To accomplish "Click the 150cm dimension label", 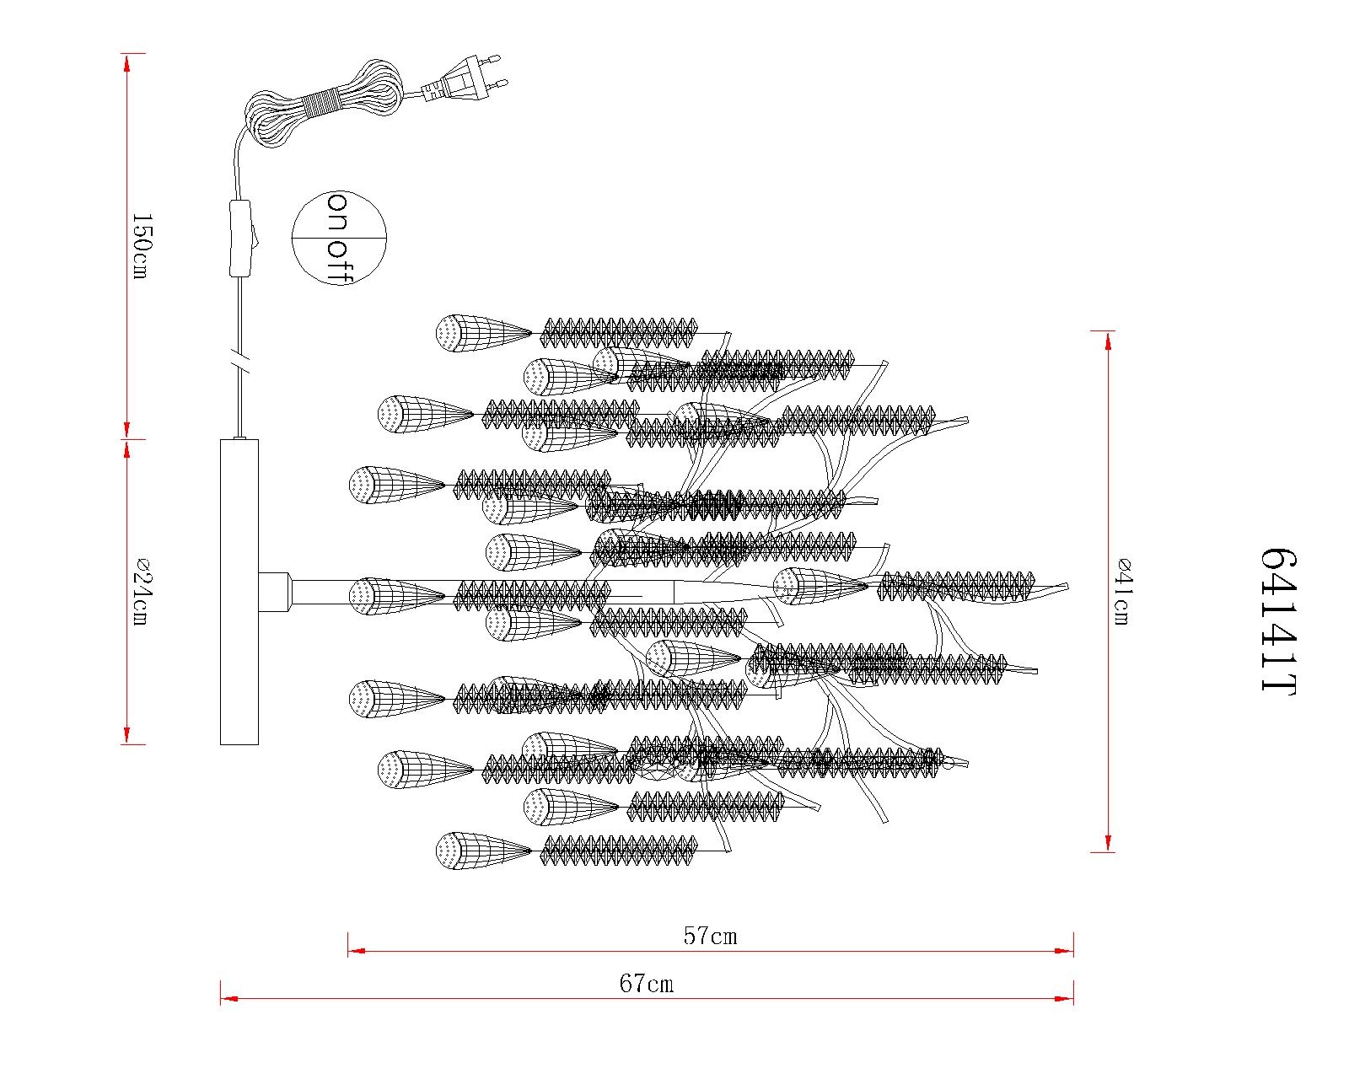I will click(x=140, y=246).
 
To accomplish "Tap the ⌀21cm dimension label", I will click(x=140, y=592).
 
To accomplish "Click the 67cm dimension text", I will click(x=647, y=983).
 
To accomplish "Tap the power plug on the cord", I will click(x=466, y=78).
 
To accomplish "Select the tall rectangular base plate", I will click(x=239, y=592).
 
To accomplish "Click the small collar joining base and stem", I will click(x=275, y=591).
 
